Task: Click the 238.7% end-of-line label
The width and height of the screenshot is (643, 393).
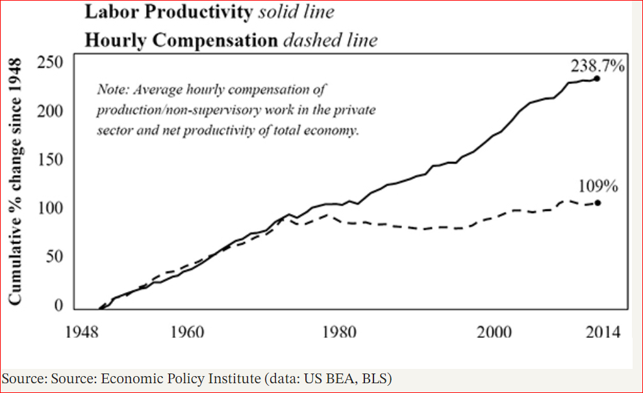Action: (598, 66)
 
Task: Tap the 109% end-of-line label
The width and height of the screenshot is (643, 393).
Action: (598, 187)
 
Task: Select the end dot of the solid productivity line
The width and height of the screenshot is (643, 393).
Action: (597, 79)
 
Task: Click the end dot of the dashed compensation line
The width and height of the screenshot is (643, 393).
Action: (597, 202)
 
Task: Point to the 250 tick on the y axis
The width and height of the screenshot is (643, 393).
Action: (49, 63)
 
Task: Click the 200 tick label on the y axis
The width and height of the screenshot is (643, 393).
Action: (49, 111)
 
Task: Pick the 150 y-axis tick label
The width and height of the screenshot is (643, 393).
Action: (49, 161)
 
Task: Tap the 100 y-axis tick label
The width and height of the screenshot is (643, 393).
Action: (49, 210)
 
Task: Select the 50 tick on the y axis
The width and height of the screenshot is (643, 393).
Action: (54, 257)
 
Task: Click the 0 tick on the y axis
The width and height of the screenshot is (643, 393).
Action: (58, 306)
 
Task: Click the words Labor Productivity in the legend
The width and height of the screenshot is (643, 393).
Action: (167, 12)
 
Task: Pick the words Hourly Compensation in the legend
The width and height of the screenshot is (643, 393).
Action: (180, 40)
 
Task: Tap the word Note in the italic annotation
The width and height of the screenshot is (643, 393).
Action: (108, 88)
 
